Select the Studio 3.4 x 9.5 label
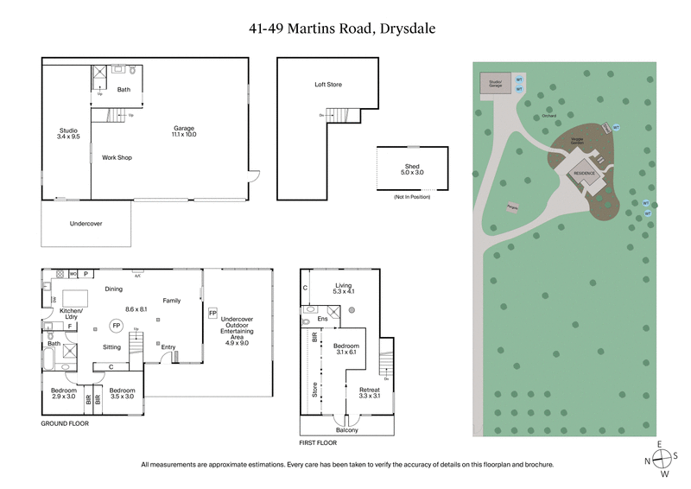tap(68, 133)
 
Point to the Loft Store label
tap(328, 85)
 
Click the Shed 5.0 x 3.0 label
tap(413, 168)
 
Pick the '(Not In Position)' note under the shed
tap(412, 198)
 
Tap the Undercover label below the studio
tap(86, 224)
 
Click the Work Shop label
tap(117, 157)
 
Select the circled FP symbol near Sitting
tap(115, 326)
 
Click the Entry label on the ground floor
tap(168, 347)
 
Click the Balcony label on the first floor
tap(346, 429)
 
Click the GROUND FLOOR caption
tap(65, 424)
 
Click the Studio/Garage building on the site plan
tap(495, 83)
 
